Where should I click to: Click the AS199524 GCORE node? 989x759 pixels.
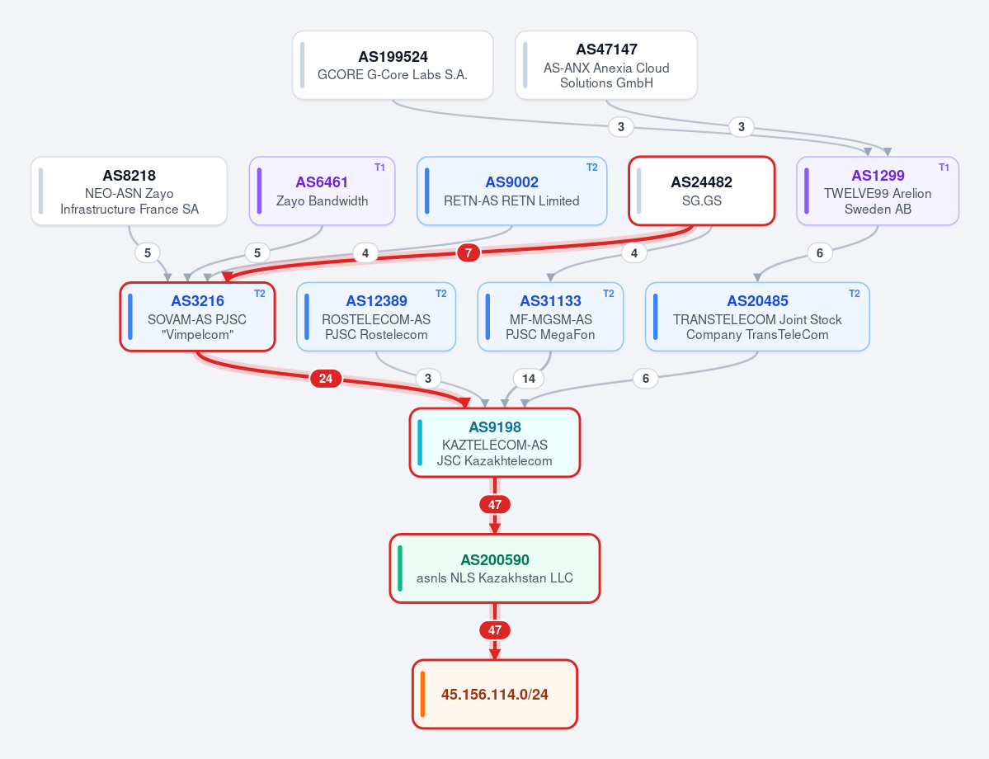393,65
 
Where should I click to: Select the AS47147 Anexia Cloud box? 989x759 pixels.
606,65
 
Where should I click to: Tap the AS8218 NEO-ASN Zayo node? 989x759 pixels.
129,191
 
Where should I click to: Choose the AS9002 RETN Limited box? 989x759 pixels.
511,191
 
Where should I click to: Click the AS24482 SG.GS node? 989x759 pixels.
701,191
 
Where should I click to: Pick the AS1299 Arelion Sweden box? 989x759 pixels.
878,191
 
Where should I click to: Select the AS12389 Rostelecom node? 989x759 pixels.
376,317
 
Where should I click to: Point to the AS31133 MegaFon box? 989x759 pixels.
550,317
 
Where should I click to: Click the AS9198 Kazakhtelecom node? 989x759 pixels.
495,443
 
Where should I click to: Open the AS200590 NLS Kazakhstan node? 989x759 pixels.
495,568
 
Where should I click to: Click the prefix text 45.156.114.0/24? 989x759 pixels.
495,695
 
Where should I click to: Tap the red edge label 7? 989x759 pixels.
468,253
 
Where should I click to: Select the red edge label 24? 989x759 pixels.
326,379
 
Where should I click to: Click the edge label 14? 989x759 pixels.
529,379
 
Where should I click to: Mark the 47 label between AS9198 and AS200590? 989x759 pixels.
495,505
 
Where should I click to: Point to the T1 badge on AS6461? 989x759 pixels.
379,167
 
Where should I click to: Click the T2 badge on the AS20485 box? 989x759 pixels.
854,294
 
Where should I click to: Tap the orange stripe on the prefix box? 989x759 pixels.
422,695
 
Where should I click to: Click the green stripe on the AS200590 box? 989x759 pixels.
400,568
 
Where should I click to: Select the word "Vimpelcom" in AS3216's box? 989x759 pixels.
197,335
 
